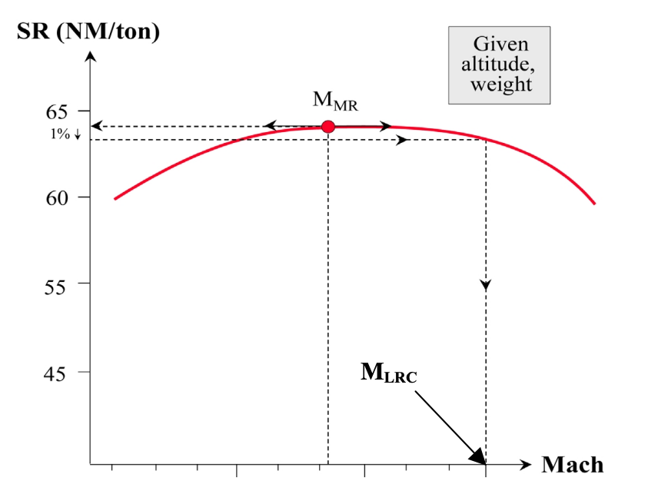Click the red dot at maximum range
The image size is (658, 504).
pyautogui.click(x=328, y=127)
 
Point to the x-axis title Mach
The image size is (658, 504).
pyautogui.click(x=572, y=465)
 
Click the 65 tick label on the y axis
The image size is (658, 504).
pyautogui.click(x=58, y=112)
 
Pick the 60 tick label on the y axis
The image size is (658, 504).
pyautogui.click(x=58, y=197)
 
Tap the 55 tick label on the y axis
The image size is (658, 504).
pyautogui.click(x=58, y=284)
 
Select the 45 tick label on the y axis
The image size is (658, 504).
pyautogui.click(x=58, y=373)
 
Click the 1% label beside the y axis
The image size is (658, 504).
pyautogui.click(x=61, y=134)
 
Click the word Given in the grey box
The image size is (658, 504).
pyautogui.click(x=500, y=45)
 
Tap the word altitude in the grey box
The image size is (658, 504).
pyautogui.click(x=500, y=65)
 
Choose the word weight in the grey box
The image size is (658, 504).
pyautogui.click(x=501, y=84)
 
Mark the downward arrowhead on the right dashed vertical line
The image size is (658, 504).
pyautogui.click(x=486, y=285)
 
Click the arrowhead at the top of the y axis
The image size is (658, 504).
pyautogui.click(x=91, y=55)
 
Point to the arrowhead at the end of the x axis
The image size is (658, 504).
pyautogui.click(x=526, y=465)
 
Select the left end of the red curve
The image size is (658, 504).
pyautogui.click(x=115, y=199)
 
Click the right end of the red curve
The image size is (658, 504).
pyautogui.click(x=594, y=204)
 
